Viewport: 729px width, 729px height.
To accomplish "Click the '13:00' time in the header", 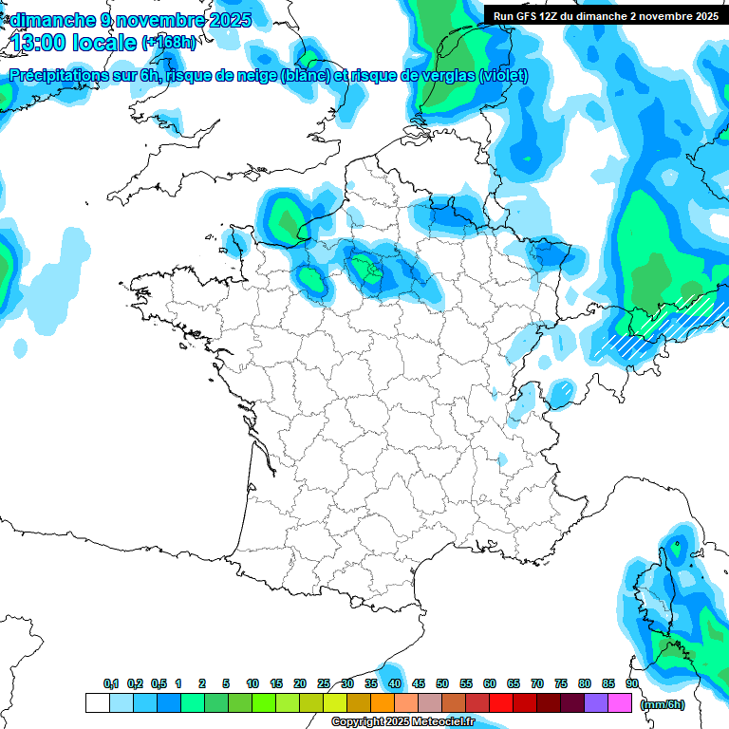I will (x=40, y=43).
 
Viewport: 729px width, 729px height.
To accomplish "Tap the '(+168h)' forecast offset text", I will (x=168, y=43).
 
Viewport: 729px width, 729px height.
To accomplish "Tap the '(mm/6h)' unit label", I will (x=662, y=704).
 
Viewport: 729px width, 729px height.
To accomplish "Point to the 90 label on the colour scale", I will (x=631, y=683).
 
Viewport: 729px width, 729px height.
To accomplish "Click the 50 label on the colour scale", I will (x=442, y=683).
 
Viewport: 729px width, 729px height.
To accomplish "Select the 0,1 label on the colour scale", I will (x=111, y=683).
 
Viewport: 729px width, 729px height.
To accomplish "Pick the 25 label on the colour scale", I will (x=324, y=683).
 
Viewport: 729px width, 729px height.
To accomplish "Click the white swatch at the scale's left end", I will (x=98, y=703).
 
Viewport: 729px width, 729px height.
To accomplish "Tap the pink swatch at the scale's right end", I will (x=620, y=703).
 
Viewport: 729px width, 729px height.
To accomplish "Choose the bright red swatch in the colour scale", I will (x=501, y=703).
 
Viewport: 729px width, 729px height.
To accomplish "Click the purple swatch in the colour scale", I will (x=596, y=703).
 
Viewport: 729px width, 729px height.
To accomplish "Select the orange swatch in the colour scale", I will (x=383, y=703).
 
